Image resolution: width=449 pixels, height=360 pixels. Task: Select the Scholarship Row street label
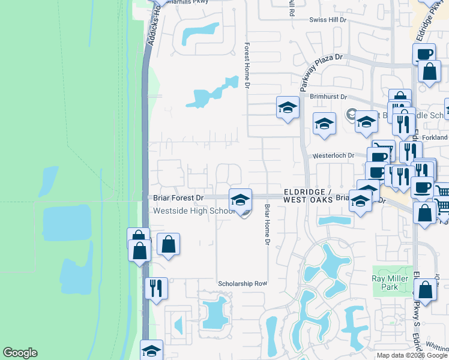tap(242, 283)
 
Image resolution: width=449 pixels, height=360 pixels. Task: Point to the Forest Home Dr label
tap(247, 66)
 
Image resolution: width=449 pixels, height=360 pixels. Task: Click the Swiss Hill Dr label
tap(328, 20)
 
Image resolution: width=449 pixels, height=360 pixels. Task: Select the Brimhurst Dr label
tap(328, 96)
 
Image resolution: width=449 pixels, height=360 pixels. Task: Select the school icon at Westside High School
tap(240, 199)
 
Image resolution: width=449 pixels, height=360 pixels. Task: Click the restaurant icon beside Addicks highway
tap(156, 288)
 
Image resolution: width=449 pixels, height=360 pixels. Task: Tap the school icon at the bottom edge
tap(151, 350)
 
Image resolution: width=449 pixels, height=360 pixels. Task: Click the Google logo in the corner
tap(20, 353)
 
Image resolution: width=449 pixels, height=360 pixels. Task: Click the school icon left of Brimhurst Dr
tap(288, 108)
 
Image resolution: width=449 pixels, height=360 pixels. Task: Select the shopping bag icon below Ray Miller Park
tap(425, 290)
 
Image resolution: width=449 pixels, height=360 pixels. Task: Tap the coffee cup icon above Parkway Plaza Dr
tap(424, 54)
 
